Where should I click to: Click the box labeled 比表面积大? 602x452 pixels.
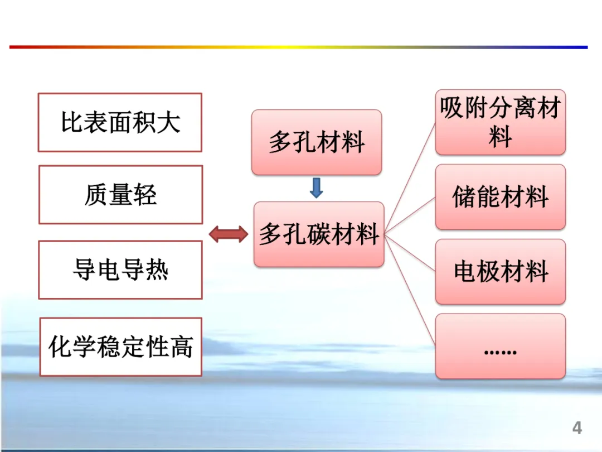point(120,122)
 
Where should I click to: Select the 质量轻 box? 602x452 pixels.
point(120,195)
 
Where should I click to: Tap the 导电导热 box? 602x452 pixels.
point(120,270)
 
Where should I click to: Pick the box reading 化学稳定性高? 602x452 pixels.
point(120,347)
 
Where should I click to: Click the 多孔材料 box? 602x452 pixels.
point(317,142)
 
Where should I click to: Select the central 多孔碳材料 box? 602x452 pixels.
point(319,234)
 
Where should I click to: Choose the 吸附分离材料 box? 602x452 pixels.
point(500,122)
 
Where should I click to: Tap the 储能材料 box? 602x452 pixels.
point(500,197)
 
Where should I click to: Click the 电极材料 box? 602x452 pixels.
point(500,272)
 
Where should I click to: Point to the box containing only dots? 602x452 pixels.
point(500,347)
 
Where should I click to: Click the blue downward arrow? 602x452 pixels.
point(316,188)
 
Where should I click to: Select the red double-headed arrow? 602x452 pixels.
point(229,234)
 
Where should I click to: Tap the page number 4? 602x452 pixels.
point(577,428)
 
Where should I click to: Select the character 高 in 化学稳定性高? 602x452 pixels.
point(181,347)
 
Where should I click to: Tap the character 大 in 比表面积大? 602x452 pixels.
point(169,122)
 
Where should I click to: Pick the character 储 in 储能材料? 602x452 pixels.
point(464,197)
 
